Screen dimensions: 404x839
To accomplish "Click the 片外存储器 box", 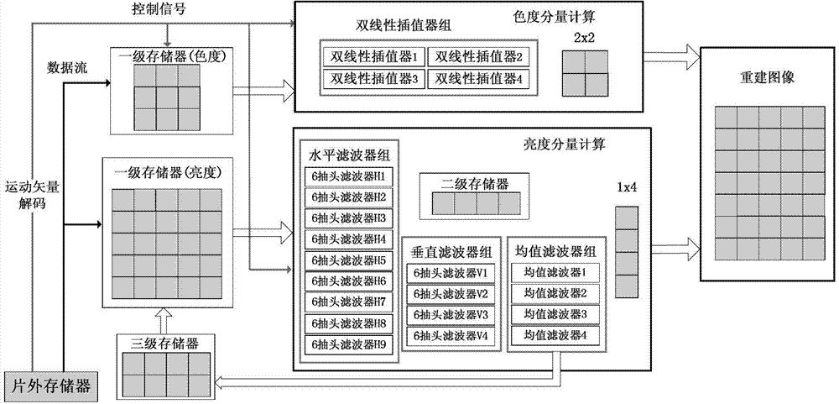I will [x=50, y=386].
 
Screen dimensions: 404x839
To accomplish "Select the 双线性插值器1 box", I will [x=374, y=58].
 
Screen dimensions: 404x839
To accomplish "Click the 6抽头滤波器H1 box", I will [x=349, y=177].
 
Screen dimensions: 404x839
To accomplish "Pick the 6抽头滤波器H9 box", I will [x=349, y=344].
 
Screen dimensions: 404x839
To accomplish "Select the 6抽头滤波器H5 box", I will [x=349, y=260].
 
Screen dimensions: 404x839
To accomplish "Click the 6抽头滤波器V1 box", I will [x=451, y=273].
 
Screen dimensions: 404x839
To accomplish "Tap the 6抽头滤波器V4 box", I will [x=451, y=335].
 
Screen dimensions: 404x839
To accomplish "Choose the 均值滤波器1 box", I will [x=550, y=273].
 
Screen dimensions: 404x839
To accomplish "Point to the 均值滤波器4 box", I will [x=550, y=335].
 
